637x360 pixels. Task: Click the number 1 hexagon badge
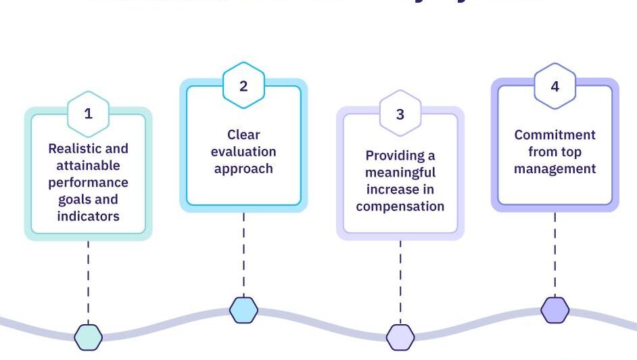pyautogui.click(x=88, y=114)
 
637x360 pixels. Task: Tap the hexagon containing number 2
pyautogui.click(x=243, y=86)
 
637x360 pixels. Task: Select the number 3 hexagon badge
pyautogui.click(x=400, y=114)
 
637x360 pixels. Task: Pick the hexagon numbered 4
pyautogui.click(x=555, y=86)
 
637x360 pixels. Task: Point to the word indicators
pyautogui.click(x=88, y=217)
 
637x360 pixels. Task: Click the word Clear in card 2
pyautogui.click(x=243, y=135)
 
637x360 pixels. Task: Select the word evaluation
pyautogui.click(x=243, y=152)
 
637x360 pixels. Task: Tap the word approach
pyautogui.click(x=243, y=168)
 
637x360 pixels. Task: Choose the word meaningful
pyautogui.click(x=400, y=173)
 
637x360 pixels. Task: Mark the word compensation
pyautogui.click(x=400, y=206)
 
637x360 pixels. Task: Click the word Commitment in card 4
pyautogui.click(x=555, y=135)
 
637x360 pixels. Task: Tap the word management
pyautogui.click(x=555, y=168)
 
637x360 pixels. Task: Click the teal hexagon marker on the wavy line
pyautogui.click(x=88, y=336)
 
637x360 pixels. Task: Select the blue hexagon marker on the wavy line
pyautogui.click(x=243, y=310)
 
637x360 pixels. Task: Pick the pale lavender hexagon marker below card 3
pyautogui.click(x=400, y=336)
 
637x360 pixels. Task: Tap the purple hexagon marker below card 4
pyautogui.click(x=555, y=310)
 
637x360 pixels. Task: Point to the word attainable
pyautogui.click(x=88, y=165)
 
